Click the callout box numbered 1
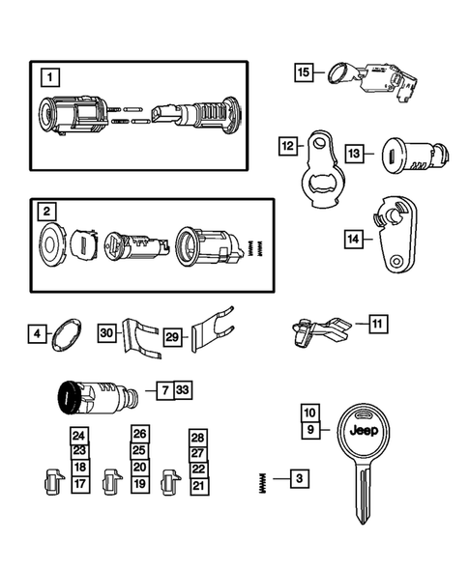click(x=47, y=74)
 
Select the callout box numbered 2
click(x=47, y=210)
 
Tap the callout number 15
click(x=303, y=71)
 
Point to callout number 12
click(x=287, y=146)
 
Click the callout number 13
click(x=355, y=153)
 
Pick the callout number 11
click(x=376, y=324)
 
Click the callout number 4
click(x=37, y=335)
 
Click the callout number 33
click(x=184, y=390)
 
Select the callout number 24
click(x=79, y=436)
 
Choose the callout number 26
click(x=139, y=435)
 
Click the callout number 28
click(x=198, y=437)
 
